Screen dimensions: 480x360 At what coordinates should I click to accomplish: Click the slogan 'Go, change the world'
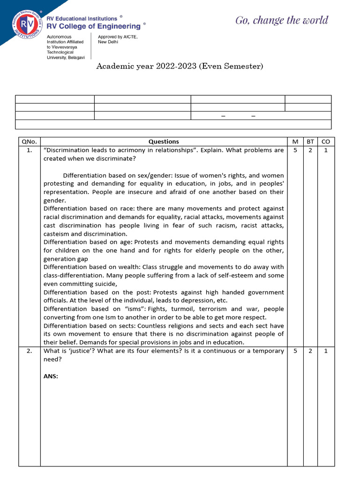(281, 20)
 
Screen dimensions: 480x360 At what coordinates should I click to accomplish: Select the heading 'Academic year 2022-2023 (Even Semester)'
(180, 67)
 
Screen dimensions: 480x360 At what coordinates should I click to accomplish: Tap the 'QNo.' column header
(29, 142)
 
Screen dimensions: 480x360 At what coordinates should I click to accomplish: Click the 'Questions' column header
(164, 142)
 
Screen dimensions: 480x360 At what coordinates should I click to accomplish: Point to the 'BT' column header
(310, 142)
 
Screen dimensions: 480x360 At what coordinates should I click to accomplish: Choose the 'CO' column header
(326, 142)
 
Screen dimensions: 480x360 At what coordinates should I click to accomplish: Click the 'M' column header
(295, 142)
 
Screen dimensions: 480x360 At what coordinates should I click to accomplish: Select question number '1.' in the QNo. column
(29, 150)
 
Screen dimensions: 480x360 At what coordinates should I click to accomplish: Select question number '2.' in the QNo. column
(29, 351)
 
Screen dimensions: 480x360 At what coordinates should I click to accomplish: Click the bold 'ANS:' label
(51, 376)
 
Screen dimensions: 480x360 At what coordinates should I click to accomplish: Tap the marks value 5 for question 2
(295, 351)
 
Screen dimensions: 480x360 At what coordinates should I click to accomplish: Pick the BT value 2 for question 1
(310, 150)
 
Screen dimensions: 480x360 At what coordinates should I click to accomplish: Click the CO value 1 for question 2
(326, 351)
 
